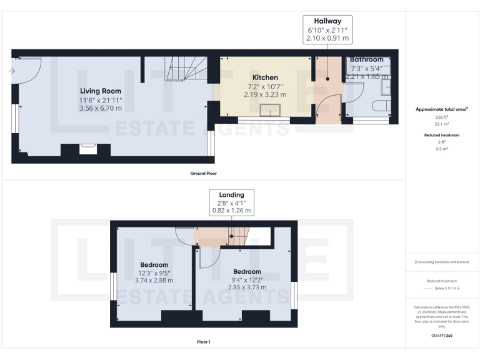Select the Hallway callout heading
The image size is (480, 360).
[327, 21]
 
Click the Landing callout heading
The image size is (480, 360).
[231, 194]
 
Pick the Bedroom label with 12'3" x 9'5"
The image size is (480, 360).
[154, 264]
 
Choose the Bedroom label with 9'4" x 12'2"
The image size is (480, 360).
[247, 271]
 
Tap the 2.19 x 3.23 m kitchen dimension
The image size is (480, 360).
[264, 94]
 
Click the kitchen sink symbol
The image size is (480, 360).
[270, 111]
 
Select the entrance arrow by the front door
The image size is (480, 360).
[12, 71]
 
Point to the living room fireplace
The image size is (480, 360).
[86, 149]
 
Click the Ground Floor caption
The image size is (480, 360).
[203, 172]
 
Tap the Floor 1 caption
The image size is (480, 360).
[203, 342]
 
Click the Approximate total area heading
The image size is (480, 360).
[442, 109]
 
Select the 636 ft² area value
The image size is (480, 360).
[442, 117]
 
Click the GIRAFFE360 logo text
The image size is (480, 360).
[442, 336]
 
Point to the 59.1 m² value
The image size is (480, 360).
[442, 124]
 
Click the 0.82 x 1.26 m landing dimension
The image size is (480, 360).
[231, 211]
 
